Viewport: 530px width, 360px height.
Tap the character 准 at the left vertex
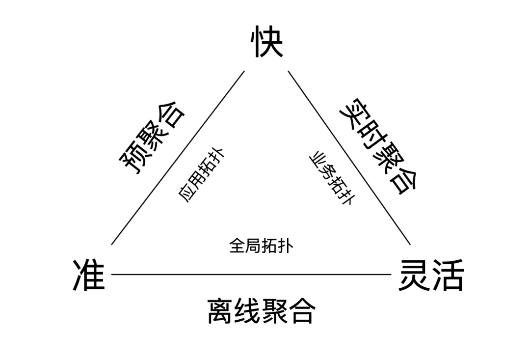point(89,275)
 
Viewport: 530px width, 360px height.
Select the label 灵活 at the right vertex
point(431,275)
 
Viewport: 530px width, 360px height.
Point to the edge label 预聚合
point(153,139)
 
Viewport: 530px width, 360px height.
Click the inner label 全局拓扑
point(261,245)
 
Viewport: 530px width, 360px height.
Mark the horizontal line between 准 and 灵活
point(250,275)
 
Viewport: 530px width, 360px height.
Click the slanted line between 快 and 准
point(178,158)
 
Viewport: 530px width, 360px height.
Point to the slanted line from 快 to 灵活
point(349,158)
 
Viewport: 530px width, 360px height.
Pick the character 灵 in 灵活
point(414,275)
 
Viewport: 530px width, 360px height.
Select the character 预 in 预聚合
point(132,163)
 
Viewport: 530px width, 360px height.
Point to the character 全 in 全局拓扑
point(237,245)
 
